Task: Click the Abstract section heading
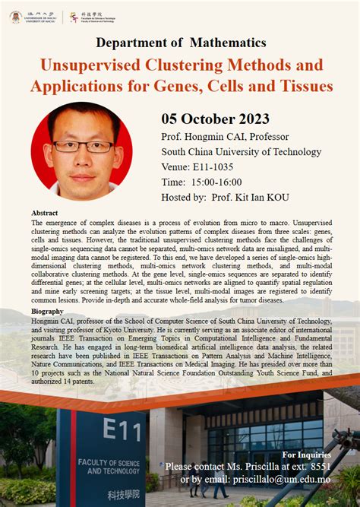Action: [x=46, y=214]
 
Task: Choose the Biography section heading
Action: [x=47, y=312]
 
